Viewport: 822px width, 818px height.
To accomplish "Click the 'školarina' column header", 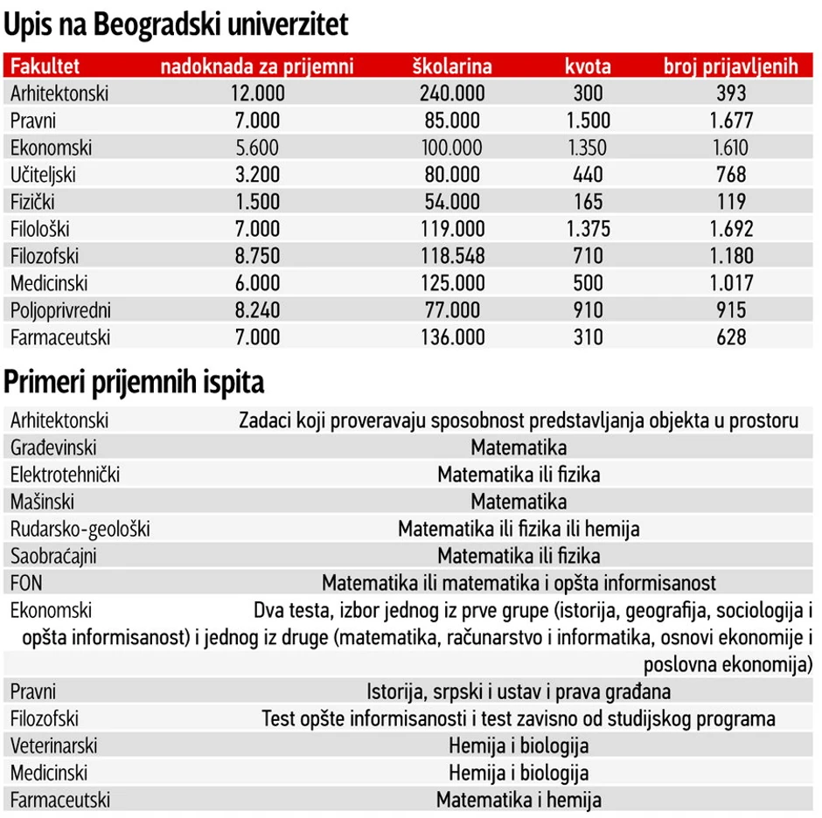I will pos(452,66).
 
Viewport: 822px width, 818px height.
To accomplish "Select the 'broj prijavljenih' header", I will pos(730,66).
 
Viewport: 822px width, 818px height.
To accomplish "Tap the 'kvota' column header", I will pos(588,66).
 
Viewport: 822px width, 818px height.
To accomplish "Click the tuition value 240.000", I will pos(452,94).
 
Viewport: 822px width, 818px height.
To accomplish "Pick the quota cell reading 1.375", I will pos(588,229).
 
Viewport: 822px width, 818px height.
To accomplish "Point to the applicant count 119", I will pos(730,202).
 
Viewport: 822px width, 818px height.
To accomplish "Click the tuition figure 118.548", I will pos(452,256).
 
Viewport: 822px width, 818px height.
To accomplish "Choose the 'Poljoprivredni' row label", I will pos(61,310).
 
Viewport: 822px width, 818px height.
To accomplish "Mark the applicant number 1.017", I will pos(730,283).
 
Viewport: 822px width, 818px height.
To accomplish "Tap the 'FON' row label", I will pos(26,583).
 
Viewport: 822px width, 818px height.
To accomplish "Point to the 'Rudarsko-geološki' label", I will pos(80,529).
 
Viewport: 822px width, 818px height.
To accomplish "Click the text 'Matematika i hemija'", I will pos(519,800).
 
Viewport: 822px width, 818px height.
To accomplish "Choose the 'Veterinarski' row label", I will pos(54,745).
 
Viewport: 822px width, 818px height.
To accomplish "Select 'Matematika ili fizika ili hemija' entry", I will pos(519,529).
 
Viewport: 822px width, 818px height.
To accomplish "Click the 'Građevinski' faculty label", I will pos(54,447).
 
